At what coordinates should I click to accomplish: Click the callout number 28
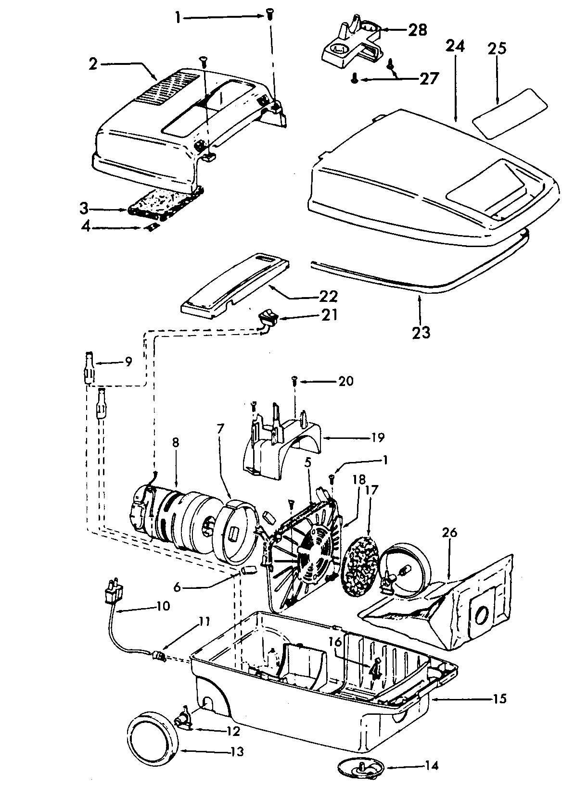pyautogui.click(x=417, y=30)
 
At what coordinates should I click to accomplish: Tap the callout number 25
pyautogui.click(x=498, y=50)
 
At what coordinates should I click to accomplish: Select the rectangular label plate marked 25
pyautogui.click(x=510, y=113)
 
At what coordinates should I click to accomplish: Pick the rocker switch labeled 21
pyautogui.click(x=268, y=318)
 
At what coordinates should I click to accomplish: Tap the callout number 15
pyautogui.click(x=499, y=698)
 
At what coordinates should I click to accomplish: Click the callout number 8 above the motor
pyautogui.click(x=175, y=442)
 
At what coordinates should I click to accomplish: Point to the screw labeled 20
pyautogui.click(x=293, y=381)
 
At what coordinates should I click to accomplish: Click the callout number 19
pyautogui.click(x=378, y=437)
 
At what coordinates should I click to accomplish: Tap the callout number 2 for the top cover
pyautogui.click(x=93, y=64)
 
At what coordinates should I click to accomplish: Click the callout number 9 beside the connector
pyautogui.click(x=128, y=361)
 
